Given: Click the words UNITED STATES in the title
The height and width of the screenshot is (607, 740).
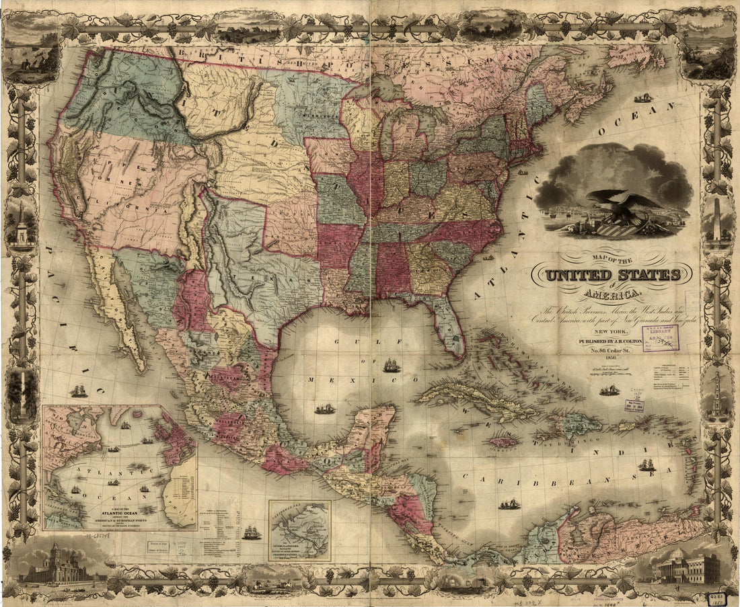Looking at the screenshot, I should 613,275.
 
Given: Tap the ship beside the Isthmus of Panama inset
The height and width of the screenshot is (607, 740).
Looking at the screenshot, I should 252,532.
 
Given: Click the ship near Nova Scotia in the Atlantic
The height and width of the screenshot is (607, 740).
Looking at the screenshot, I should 643,98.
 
